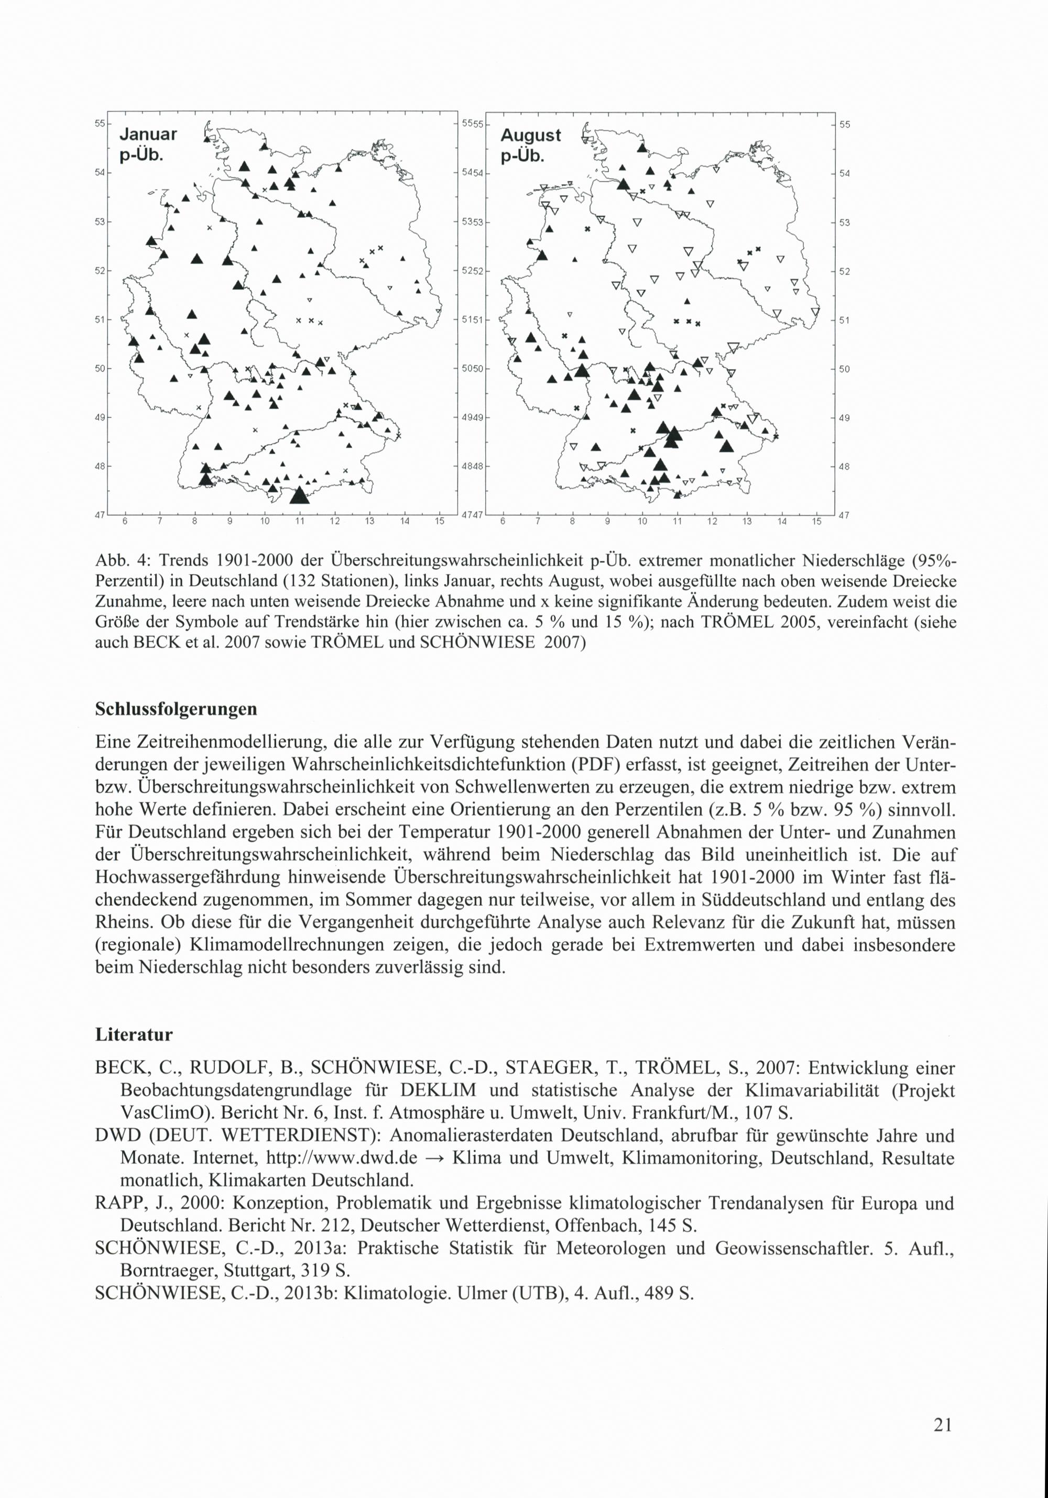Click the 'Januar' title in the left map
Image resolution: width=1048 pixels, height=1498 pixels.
coord(148,135)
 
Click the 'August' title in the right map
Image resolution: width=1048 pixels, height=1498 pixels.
coord(530,135)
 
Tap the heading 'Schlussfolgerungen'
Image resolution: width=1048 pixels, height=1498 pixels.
coord(176,709)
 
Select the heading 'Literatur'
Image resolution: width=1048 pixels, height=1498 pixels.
coord(134,1035)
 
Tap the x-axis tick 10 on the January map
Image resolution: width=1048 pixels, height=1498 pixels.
coord(264,521)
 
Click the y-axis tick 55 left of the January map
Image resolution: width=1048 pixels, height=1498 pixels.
coord(101,123)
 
